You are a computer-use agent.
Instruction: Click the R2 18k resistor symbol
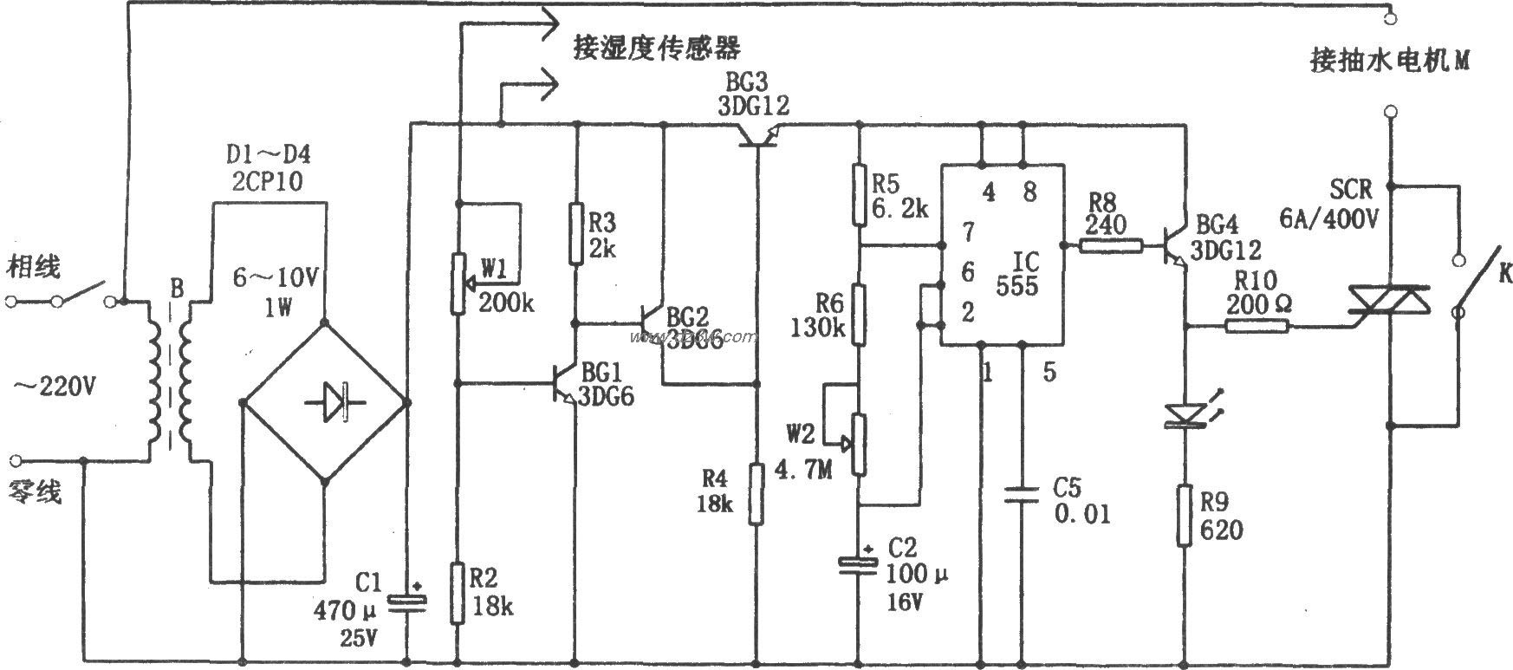pos(458,592)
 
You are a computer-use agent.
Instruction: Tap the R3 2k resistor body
pos(575,233)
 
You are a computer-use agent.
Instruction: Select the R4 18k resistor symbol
pos(756,494)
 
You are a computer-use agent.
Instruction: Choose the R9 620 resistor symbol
pos(1185,516)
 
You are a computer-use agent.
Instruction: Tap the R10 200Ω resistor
pos(1257,326)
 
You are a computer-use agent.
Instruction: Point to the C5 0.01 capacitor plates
pos(1023,496)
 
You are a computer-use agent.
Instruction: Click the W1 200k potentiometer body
pos(458,283)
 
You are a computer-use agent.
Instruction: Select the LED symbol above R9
pos(1185,415)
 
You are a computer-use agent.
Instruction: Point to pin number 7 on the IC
pos(968,231)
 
